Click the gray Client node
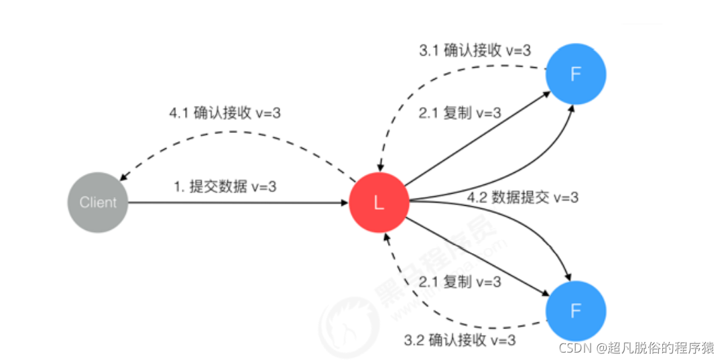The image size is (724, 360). (98, 202)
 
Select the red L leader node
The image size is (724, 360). (379, 202)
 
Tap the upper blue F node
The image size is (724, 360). (575, 75)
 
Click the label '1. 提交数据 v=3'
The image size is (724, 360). (225, 187)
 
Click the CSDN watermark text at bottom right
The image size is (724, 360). (636, 347)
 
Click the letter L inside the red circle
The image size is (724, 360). (379, 203)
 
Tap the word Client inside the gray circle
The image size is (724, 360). (98, 202)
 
